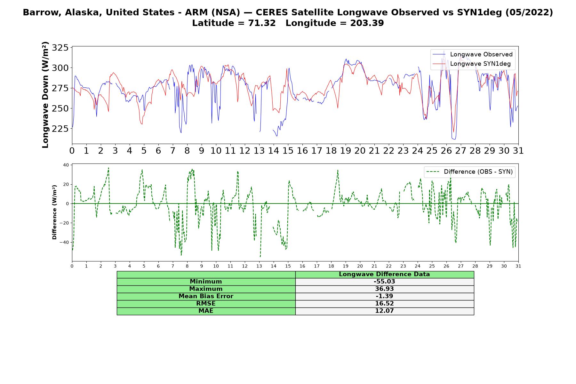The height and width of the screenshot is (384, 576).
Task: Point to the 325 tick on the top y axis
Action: (60, 48)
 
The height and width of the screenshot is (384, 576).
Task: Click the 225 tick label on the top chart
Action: (60, 129)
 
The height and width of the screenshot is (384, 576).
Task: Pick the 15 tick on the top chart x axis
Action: (288, 150)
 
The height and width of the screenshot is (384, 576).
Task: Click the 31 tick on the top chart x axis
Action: (518, 150)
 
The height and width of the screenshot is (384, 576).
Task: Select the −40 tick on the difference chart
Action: (64, 242)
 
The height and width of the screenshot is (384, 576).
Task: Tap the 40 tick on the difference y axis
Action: (66, 165)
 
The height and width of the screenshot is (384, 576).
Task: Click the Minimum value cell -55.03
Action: (384, 282)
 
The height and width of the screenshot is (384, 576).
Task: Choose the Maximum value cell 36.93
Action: (384, 289)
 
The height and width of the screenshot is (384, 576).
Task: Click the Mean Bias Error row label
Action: (206, 296)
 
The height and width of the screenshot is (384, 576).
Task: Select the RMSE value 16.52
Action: (384, 304)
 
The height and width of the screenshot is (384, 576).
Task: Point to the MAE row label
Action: (206, 311)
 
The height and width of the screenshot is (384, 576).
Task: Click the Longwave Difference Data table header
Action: (384, 274)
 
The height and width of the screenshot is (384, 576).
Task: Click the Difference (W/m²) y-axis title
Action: (54, 212)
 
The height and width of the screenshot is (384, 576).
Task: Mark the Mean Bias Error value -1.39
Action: (384, 296)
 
